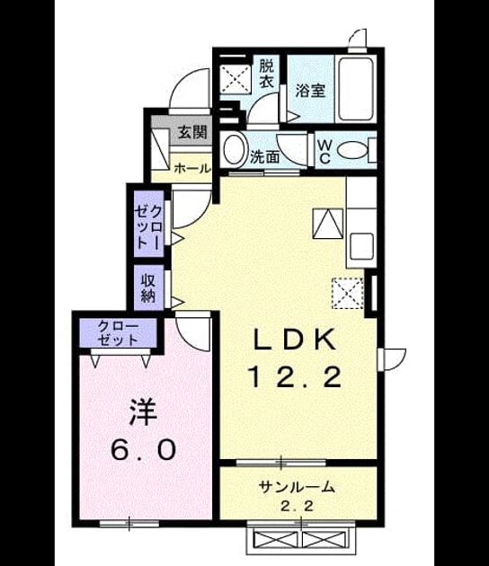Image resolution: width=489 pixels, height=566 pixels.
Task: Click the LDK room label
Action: (295, 340)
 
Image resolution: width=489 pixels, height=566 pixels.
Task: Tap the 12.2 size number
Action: (296, 376)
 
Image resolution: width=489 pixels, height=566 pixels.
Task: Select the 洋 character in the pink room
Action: (144, 411)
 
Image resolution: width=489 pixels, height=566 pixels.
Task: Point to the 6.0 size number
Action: (144, 450)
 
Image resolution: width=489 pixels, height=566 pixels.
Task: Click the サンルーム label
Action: (297, 487)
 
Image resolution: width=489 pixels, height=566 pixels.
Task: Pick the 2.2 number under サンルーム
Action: (297, 507)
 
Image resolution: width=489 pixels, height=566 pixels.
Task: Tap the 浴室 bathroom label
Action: (311, 91)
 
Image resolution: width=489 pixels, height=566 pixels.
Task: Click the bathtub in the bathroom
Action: (355, 89)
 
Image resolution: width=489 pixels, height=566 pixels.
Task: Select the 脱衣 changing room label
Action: (267, 74)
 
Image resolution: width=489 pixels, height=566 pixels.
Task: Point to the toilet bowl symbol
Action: (352, 149)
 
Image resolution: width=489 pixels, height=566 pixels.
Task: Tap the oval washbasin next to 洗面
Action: (234, 149)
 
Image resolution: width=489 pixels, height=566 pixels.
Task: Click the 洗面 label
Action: (265, 157)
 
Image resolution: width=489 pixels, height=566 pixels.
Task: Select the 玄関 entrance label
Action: (192, 132)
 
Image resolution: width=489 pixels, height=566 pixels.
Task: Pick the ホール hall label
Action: (192, 168)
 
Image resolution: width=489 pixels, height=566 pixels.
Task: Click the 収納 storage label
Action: (147, 287)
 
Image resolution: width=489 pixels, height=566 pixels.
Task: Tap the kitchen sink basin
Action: (361, 246)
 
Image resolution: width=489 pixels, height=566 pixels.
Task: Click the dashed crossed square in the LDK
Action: (348, 293)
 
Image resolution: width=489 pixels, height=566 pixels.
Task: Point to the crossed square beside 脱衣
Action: (236, 79)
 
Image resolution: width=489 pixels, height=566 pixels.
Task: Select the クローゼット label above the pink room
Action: (118, 333)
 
